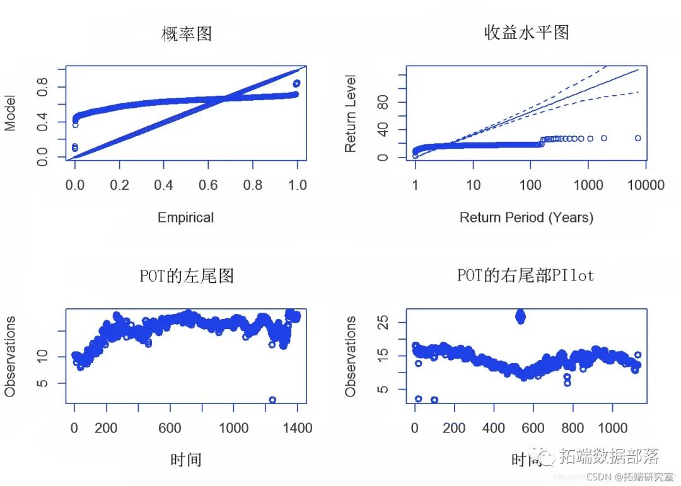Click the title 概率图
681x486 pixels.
click(186, 33)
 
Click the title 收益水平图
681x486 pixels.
click(527, 32)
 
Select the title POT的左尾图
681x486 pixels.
click(186, 275)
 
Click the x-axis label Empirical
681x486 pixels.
click(185, 217)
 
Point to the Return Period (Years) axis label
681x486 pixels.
click(527, 217)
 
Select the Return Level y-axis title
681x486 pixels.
click(351, 113)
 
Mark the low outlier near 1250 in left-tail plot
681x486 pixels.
click(272, 400)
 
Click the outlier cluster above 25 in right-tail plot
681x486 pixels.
click(520, 316)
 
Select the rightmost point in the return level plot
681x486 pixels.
click(637, 138)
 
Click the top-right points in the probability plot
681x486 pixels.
click(296, 83)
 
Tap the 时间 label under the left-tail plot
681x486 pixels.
click(186, 460)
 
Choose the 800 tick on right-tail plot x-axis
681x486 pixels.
click(573, 428)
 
